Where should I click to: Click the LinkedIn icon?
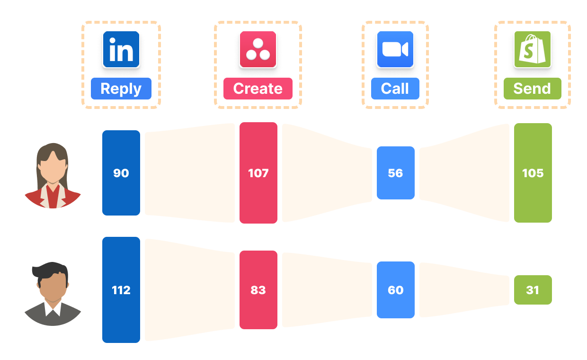[121, 50]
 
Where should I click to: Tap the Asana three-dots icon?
[258, 50]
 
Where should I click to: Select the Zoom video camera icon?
[395, 50]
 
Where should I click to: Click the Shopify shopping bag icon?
[533, 50]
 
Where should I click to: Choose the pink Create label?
[258, 89]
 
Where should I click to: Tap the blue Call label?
[395, 89]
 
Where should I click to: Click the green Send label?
[533, 89]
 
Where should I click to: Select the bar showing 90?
[121, 173]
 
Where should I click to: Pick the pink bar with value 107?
[258, 173]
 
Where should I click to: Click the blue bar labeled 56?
[396, 173]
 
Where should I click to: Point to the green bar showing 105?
[533, 173]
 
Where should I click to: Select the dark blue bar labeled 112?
[121, 290]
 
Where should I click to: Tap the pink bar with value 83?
[258, 290]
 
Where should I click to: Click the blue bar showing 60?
[396, 290]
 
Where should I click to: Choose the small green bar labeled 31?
[533, 290]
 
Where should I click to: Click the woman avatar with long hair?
[53, 176]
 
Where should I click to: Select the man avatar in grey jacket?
[53, 294]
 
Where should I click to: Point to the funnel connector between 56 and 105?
[464, 173]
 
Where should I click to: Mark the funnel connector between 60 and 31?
[464, 290]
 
